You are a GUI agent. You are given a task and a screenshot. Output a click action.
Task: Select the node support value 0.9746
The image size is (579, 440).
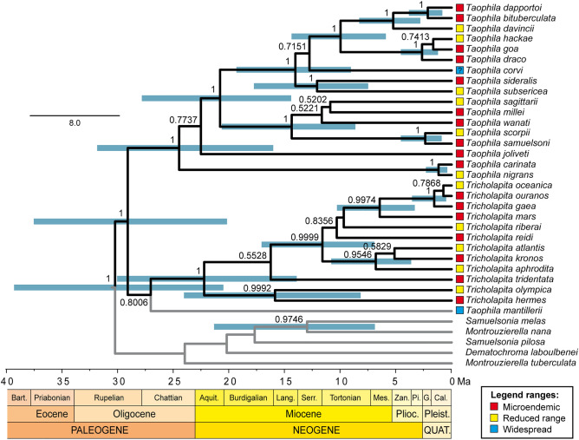click(289, 319)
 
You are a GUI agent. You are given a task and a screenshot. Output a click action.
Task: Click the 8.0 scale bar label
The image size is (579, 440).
click(74, 124)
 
